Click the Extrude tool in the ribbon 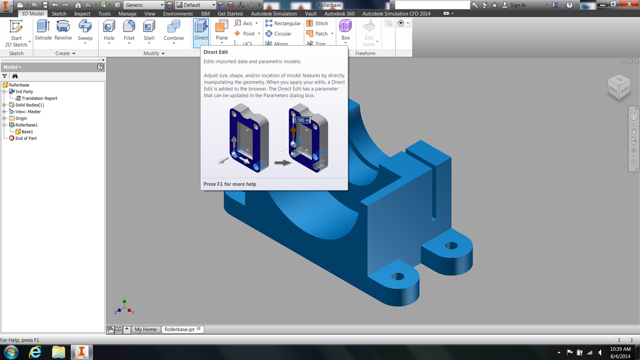coord(43,31)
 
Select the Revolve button coord(63,31)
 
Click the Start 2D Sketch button coord(16,33)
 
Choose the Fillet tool coord(129,31)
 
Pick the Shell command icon coord(149,31)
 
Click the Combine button coord(174,31)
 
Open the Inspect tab coord(82,14)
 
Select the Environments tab coord(178,14)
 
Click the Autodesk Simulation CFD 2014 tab coord(396,14)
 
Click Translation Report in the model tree coord(39,98)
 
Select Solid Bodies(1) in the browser coord(30,105)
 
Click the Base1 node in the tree coord(27,132)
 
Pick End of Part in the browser coord(26,138)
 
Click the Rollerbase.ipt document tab coord(179,329)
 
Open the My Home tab coord(145,329)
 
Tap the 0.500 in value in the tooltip coord(301,120)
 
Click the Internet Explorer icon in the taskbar coord(35,352)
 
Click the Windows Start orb coord(11,352)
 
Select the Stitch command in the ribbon coord(317,23)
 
